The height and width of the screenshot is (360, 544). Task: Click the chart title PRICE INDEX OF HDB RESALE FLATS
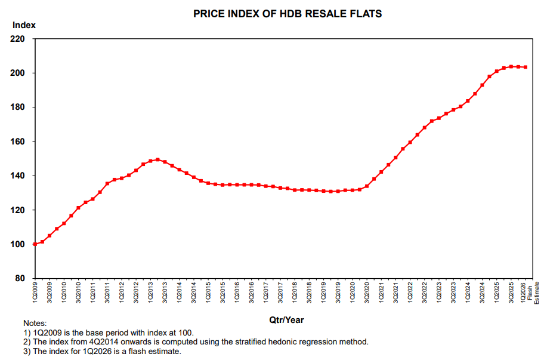(x=288, y=13)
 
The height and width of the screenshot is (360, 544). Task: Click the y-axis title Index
(x=24, y=25)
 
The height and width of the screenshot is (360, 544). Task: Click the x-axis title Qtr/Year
(x=287, y=320)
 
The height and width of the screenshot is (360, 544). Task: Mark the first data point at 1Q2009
(x=35, y=244)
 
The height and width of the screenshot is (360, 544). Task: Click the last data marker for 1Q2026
(x=526, y=67)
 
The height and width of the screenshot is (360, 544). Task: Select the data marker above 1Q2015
(x=209, y=183)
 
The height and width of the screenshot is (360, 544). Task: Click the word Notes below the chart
(x=35, y=323)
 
